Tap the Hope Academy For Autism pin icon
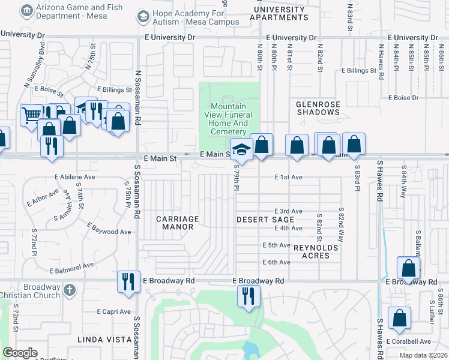point(142,16)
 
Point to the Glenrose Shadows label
point(318,108)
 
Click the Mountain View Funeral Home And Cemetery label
point(231,119)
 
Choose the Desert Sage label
point(264,220)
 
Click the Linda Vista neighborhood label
point(104,340)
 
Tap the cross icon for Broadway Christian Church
point(69,290)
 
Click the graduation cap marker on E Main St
point(241,149)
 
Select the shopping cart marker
point(31,114)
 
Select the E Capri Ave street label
point(113,311)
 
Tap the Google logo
point(20,353)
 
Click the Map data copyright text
point(423,355)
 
